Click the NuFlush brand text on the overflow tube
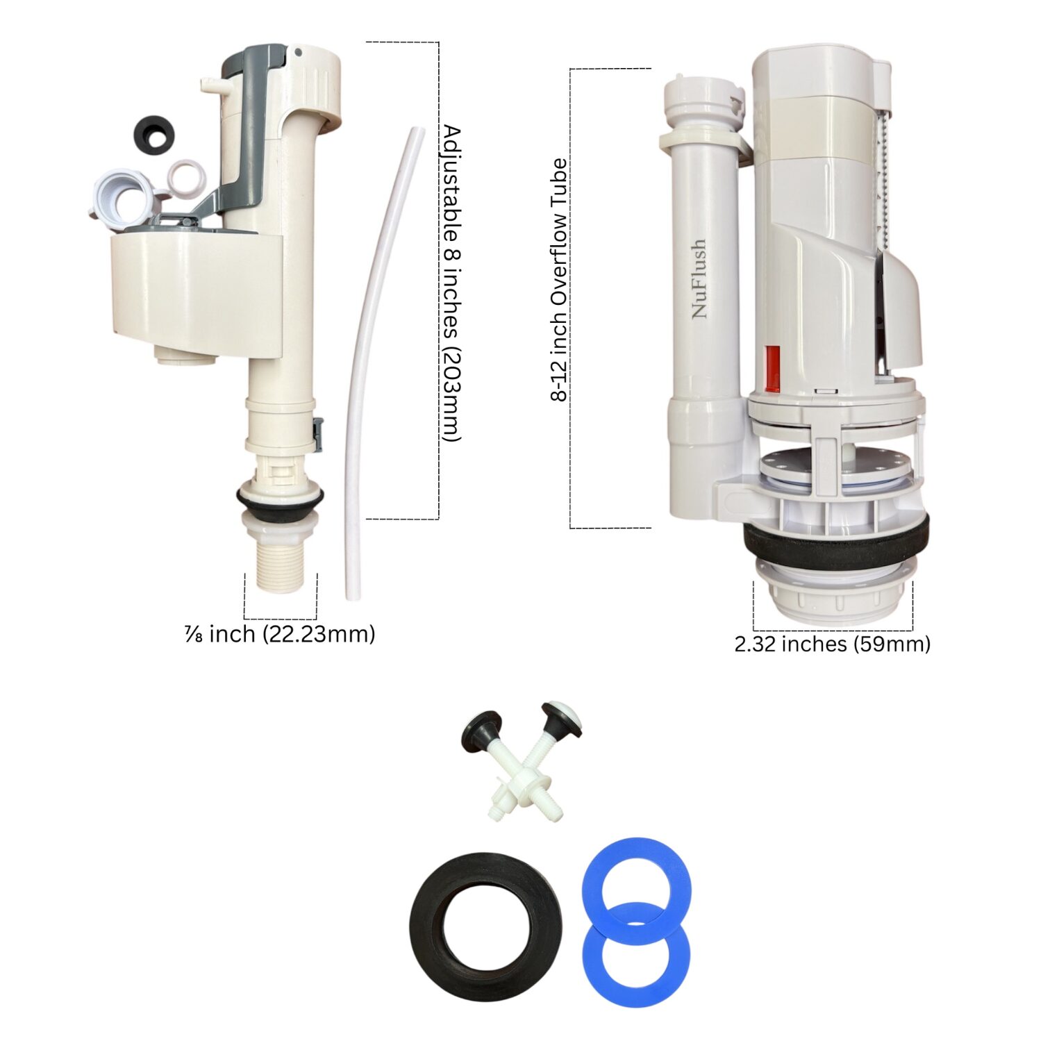click(x=699, y=278)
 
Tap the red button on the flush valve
click(x=772, y=368)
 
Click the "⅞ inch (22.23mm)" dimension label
click(x=280, y=634)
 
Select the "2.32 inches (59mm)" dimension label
click(x=832, y=644)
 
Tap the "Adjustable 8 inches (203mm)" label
click(x=451, y=283)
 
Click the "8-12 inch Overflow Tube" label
click(x=559, y=280)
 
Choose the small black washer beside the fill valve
click(x=153, y=134)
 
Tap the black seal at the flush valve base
click(x=836, y=539)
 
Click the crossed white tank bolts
click(x=522, y=761)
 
